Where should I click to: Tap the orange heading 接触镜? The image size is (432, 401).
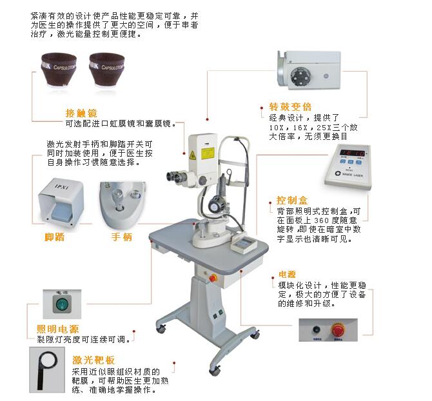pyautogui.click(x=81, y=113)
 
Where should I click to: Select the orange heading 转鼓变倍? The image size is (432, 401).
pyautogui.click(x=290, y=107)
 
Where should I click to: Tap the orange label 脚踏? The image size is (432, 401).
pyautogui.click(x=54, y=237)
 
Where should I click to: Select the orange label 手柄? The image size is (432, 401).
pyautogui.click(x=122, y=237)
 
